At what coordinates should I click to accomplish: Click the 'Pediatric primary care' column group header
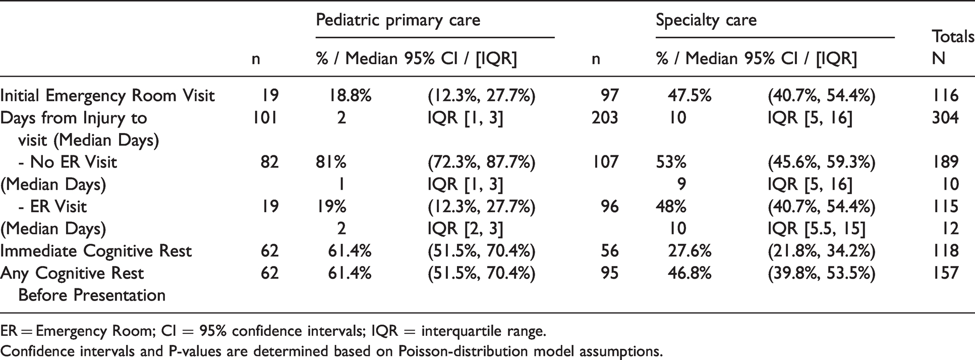pos(398,20)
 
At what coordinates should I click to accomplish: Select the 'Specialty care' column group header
pos(706,20)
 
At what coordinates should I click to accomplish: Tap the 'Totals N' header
pos(953,47)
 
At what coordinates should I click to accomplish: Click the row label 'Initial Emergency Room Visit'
pos(107,96)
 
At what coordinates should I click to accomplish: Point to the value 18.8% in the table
pos(351,96)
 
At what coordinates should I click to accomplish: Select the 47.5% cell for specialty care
pos(690,96)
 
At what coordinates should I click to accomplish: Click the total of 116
pos(945,96)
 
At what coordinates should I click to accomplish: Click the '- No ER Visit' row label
pos(68,162)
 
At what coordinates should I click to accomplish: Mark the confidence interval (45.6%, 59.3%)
pos(822,162)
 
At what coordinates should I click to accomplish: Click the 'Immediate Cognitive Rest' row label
pos(96,251)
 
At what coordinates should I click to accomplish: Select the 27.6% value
pos(690,251)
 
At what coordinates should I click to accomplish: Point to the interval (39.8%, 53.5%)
pos(822,273)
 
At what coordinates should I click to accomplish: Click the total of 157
pos(945,273)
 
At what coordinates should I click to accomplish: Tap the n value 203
pos(605,118)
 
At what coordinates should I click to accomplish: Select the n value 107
pos(605,162)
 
